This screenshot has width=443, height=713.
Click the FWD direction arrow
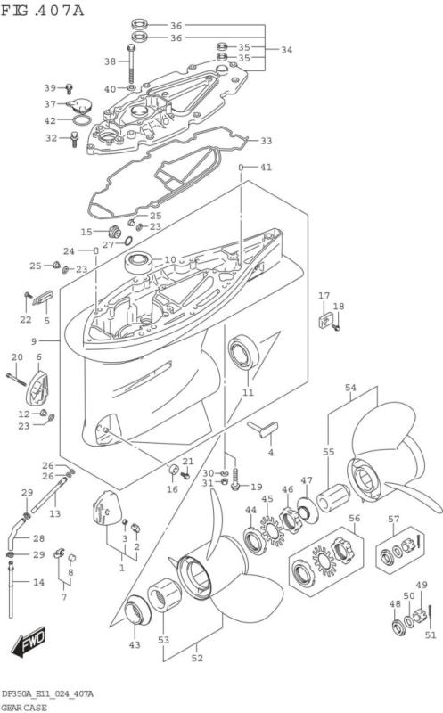tap(29, 641)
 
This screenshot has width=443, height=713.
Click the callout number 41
tap(267, 168)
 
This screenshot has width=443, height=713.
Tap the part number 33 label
tap(267, 141)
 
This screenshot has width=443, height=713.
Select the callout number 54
tap(350, 388)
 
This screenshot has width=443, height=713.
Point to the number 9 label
tap(34, 340)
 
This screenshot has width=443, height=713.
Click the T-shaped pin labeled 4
tap(263, 429)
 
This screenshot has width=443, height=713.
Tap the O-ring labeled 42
tap(82, 121)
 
